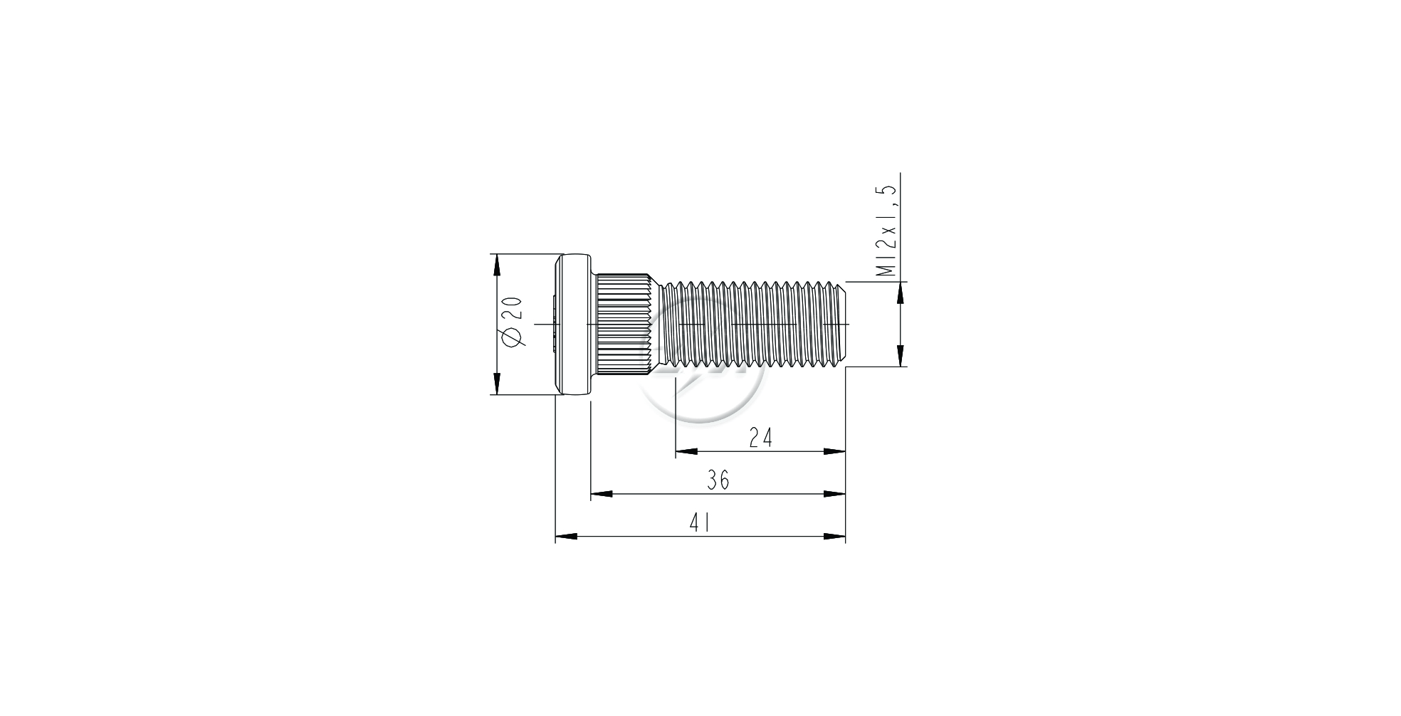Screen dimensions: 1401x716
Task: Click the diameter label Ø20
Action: [513, 322]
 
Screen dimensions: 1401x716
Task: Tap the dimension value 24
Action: [760, 438]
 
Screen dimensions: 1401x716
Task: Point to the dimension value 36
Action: [718, 480]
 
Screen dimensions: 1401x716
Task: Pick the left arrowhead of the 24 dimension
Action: [686, 451]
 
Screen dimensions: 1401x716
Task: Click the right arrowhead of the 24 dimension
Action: [834, 451]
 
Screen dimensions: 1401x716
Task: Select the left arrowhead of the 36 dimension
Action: [602, 494]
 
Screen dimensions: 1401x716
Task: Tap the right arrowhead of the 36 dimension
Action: [834, 494]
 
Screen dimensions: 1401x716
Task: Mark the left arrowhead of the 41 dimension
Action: [566, 537]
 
